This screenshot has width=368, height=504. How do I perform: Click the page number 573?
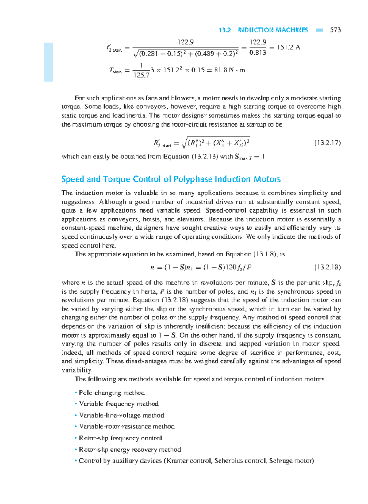[335, 30]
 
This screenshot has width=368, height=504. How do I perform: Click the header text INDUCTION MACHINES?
[273, 30]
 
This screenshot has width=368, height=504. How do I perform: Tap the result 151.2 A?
[288, 47]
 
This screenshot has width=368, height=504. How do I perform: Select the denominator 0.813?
[258, 53]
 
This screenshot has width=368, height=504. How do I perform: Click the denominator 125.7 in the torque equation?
[141, 75]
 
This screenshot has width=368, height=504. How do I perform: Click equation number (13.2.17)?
[327, 143]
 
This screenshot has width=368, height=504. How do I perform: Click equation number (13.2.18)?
[327, 267]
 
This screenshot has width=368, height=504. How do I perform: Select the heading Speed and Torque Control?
[171, 179]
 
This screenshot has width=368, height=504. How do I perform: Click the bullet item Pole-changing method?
[112, 393]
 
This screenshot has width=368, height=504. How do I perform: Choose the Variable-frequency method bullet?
[119, 404]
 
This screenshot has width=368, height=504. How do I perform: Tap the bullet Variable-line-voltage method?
[121, 415]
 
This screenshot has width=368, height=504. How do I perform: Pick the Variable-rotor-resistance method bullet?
[127, 427]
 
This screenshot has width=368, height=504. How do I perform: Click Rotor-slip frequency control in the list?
[120, 438]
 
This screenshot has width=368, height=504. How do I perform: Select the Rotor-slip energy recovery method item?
[130, 450]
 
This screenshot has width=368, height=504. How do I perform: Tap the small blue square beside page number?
[319, 30]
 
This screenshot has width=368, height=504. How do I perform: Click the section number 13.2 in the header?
[224, 30]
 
